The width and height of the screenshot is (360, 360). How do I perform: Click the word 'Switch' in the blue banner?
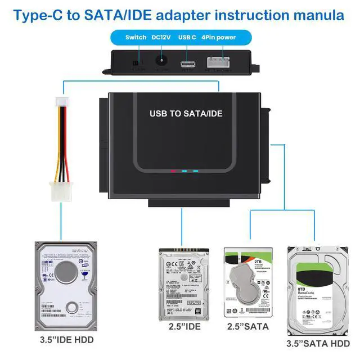(x=136, y=38)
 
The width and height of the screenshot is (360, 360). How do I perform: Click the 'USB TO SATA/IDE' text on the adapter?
(x=186, y=113)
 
